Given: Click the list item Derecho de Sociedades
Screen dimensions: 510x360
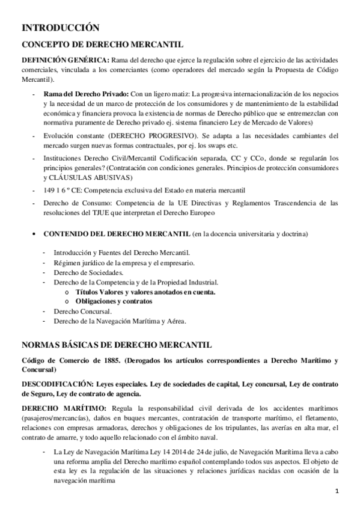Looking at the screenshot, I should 88,272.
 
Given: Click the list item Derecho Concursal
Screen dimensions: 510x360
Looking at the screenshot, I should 82,311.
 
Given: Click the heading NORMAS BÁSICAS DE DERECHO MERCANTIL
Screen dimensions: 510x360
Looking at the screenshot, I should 117,345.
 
